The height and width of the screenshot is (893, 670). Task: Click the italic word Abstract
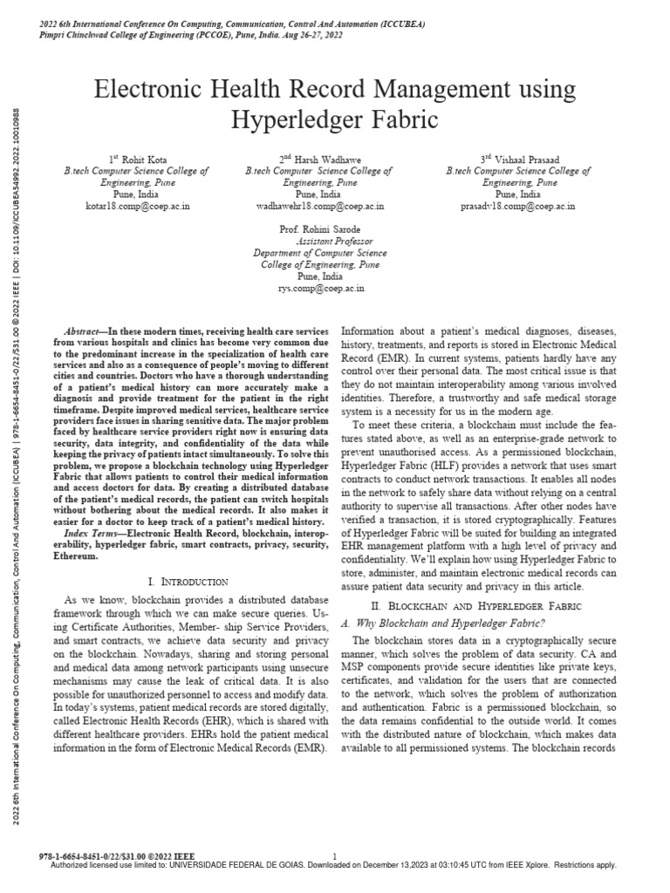tap(83, 332)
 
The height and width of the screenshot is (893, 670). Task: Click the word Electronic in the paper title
tap(152, 89)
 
